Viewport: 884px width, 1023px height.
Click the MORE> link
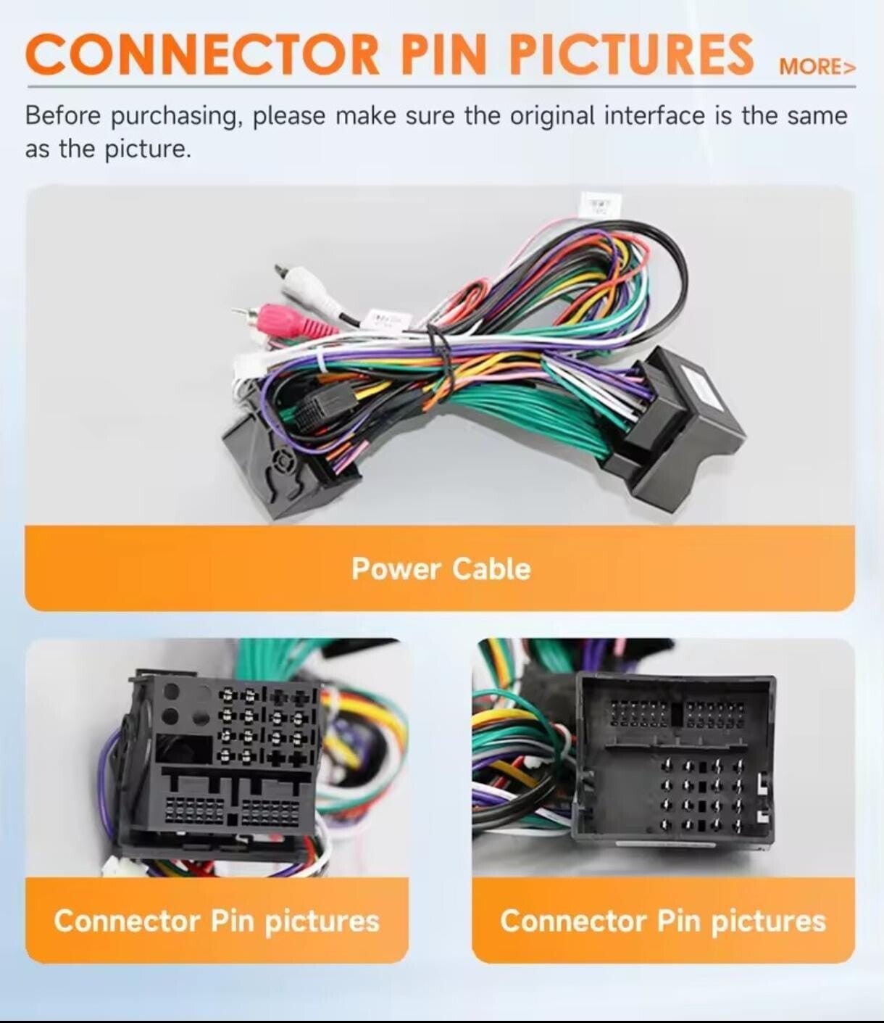(817, 67)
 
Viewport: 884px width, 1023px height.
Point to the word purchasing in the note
(174, 116)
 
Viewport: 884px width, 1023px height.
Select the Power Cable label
(441, 568)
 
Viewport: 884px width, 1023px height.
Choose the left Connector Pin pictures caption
(217, 921)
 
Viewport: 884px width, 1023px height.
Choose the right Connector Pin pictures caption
(663, 921)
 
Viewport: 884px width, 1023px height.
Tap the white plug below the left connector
(116, 866)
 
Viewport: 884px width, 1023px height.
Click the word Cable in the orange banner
(491, 568)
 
